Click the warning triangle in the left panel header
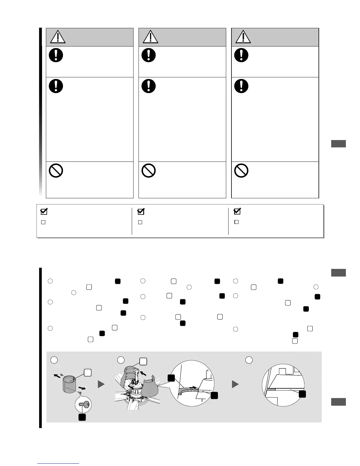[58, 37]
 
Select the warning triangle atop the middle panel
[150, 37]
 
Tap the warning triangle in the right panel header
[243, 37]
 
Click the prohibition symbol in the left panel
[56, 170]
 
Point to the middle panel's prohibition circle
[149, 170]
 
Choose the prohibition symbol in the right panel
[241, 170]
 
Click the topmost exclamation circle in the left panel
[56, 55]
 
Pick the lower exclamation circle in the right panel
[241, 86]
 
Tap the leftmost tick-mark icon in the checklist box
[44, 211]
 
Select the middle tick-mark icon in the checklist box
[141, 211]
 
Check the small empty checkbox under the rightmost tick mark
[236, 222]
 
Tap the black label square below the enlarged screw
[82, 417]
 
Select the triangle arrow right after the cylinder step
[101, 384]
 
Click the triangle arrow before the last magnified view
[235, 384]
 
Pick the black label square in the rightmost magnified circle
[302, 394]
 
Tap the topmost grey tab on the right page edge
[338, 144]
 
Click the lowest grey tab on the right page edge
[338, 402]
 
